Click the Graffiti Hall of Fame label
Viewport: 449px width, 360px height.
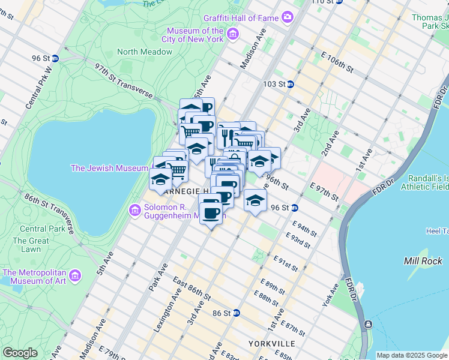coord(242,17)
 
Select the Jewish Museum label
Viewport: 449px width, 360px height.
coord(109,168)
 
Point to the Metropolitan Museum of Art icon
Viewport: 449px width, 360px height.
coord(76,275)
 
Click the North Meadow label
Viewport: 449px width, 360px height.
coord(145,52)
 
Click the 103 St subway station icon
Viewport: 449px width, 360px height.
coord(290,84)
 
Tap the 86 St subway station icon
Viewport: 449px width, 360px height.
coord(237,313)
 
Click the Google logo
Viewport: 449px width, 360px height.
coord(20,353)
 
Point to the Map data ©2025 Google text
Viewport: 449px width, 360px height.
coord(412,355)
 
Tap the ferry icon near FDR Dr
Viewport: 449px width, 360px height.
coord(368,324)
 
